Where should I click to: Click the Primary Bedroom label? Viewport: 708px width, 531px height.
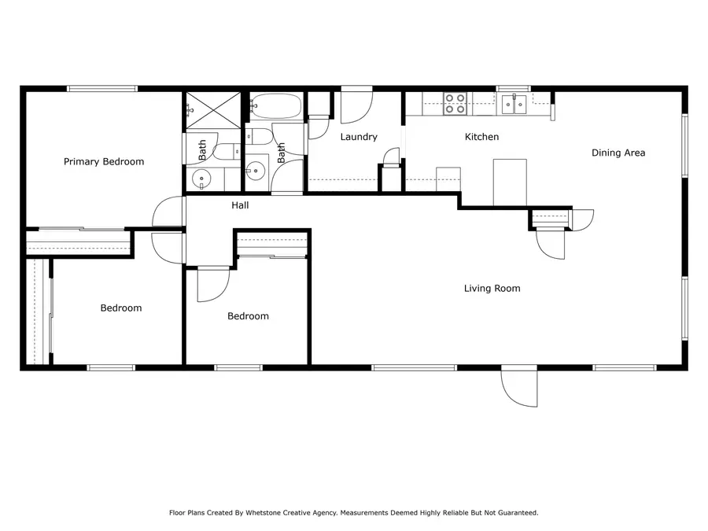click(104, 162)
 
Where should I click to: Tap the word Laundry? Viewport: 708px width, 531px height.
click(359, 137)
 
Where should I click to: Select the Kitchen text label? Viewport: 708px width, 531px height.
click(481, 137)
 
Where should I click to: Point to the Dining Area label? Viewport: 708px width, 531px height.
click(618, 153)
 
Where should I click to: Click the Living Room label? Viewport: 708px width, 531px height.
click(492, 289)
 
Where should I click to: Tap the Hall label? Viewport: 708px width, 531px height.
click(240, 205)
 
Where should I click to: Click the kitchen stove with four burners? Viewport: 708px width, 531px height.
click(455, 104)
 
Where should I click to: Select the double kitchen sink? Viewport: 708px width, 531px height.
click(514, 104)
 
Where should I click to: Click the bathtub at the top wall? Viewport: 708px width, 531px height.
click(275, 105)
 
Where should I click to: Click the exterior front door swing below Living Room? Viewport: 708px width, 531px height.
click(519, 386)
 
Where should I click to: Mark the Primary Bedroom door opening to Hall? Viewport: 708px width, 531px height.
click(168, 212)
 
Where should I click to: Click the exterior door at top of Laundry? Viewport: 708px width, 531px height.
click(356, 106)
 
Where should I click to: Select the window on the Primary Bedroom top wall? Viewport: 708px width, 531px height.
click(102, 89)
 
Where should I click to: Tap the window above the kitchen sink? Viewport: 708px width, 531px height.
click(514, 89)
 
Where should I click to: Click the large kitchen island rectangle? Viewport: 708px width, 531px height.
click(510, 182)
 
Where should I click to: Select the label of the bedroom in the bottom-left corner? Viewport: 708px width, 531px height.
click(121, 308)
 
